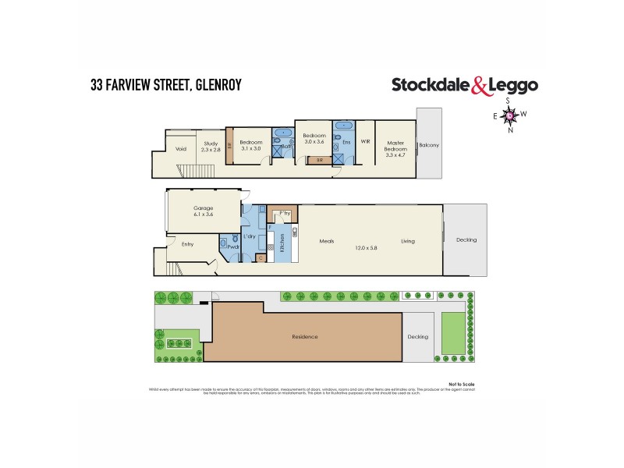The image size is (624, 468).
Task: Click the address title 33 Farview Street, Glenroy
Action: (x=165, y=84)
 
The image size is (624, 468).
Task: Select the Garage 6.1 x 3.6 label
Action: (x=203, y=211)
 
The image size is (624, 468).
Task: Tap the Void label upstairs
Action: (x=181, y=148)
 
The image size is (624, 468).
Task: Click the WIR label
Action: (x=365, y=142)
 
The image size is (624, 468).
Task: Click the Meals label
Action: (x=327, y=241)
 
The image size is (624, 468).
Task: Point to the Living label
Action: (x=408, y=241)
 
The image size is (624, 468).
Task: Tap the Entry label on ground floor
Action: (x=187, y=244)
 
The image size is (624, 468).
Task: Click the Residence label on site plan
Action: (x=305, y=336)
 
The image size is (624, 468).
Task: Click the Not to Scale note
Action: (x=463, y=384)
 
